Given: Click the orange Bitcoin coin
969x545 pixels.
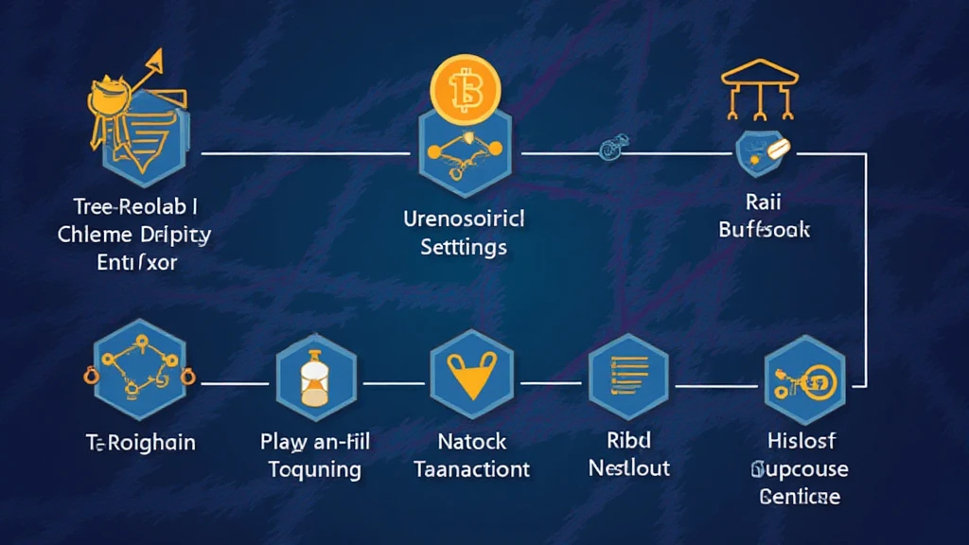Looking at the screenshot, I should pyautogui.click(x=464, y=93).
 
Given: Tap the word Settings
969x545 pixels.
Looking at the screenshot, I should pyautogui.click(x=463, y=248).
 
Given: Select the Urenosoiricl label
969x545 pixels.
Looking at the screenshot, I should pyautogui.click(x=463, y=220).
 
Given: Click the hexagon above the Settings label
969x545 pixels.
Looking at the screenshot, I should pyautogui.click(x=464, y=151).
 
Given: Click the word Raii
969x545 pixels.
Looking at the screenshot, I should pyautogui.click(x=764, y=202).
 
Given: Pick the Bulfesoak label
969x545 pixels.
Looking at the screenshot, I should pyautogui.click(x=764, y=229).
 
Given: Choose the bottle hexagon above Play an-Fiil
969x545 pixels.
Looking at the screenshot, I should pyautogui.click(x=315, y=381).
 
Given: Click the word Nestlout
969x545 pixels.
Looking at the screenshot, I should pyautogui.click(x=629, y=467).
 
